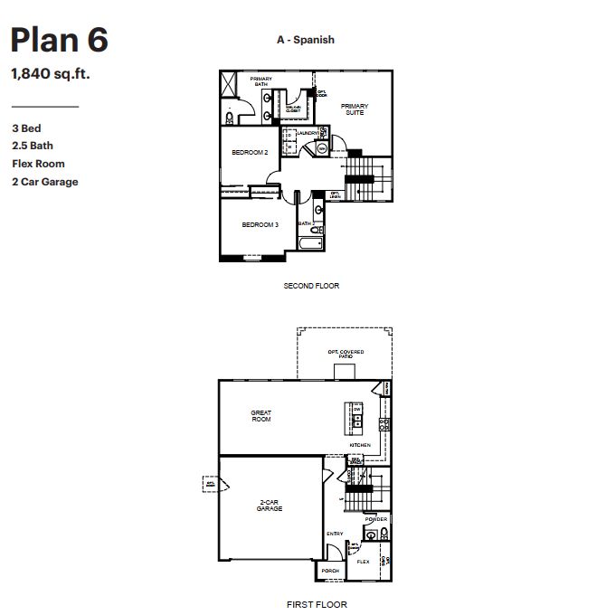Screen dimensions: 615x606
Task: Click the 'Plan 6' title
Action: [x=60, y=41]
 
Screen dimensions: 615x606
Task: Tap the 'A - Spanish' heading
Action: [x=306, y=40]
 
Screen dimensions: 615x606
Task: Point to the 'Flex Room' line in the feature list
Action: [x=38, y=164]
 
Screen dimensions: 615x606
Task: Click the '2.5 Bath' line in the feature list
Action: [x=33, y=146]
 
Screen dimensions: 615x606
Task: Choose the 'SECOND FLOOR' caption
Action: [x=311, y=286]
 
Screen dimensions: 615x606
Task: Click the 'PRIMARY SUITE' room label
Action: [x=355, y=109]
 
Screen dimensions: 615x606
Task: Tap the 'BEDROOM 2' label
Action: [x=250, y=153]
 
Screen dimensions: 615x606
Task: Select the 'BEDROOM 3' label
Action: [x=259, y=224]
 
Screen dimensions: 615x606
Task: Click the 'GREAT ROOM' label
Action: [x=260, y=416]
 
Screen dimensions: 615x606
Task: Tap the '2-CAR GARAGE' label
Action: [x=268, y=506]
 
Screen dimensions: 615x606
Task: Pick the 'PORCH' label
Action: [x=330, y=572]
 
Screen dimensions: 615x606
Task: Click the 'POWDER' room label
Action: [x=375, y=520]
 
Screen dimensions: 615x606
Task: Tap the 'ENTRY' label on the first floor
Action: [x=335, y=534]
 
